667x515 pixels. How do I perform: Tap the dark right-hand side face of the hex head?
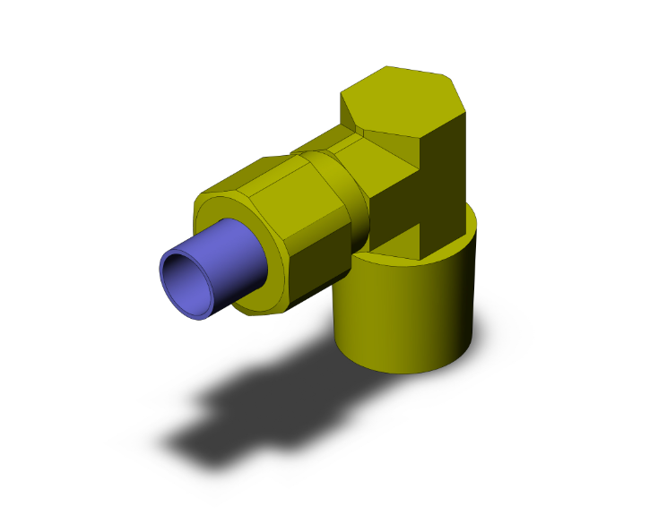click(x=448, y=188)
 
